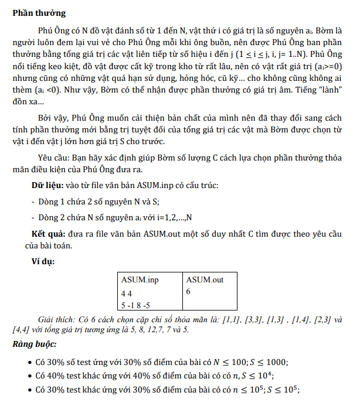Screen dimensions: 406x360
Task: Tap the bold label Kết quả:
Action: pyautogui.click(x=49, y=233)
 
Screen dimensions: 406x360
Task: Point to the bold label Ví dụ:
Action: pyautogui.click(x=43, y=261)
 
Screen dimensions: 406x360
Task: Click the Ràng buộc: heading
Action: pyautogui.click(x=34, y=344)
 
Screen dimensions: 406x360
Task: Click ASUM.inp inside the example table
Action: pyautogui.click(x=140, y=280)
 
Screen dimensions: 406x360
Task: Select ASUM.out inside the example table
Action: pyautogui.click(x=205, y=280)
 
